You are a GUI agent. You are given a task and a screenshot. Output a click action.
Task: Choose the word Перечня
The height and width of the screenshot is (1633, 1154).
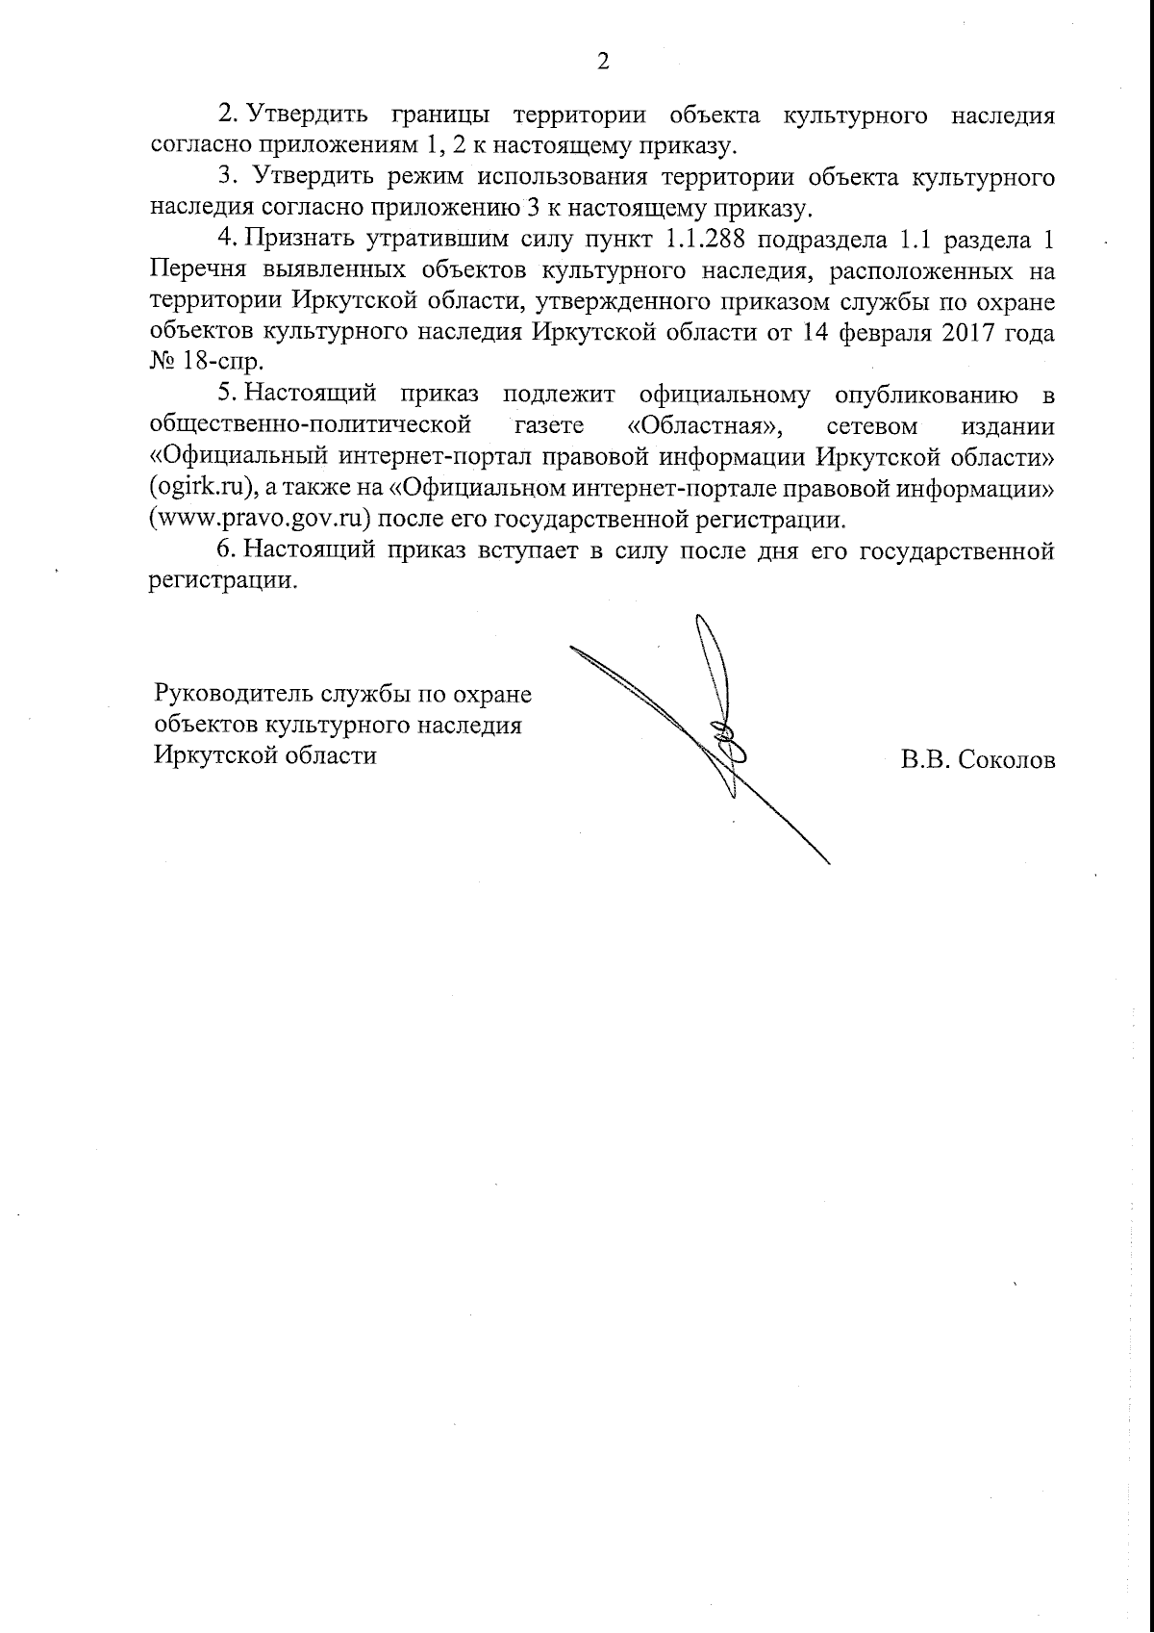pyautogui.click(x=195, y=270)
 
